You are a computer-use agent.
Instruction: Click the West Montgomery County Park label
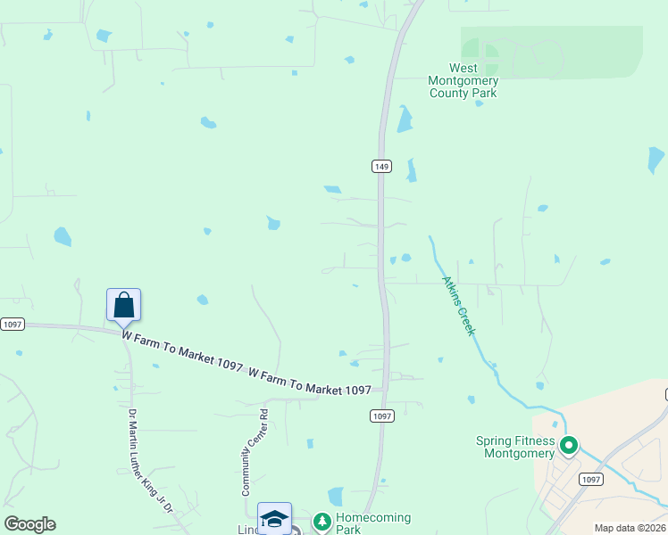463,80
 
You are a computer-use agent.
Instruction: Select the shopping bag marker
123,305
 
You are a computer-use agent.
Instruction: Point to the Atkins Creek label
458,305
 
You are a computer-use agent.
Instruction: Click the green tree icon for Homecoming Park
322,522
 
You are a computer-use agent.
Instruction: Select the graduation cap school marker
274,519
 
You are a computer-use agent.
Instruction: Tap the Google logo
29,524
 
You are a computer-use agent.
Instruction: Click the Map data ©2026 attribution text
629,528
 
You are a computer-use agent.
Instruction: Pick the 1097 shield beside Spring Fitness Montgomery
590,480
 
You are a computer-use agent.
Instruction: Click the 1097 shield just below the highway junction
381,416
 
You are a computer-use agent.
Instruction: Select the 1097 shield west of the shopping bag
11,325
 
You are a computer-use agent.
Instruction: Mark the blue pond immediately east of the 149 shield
411,169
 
